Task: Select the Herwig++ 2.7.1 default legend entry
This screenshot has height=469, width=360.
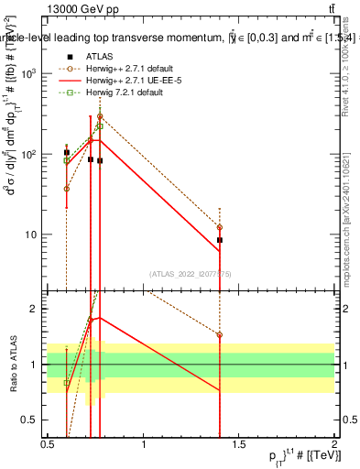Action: pos(121,67)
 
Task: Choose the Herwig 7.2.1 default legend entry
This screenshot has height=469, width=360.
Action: pos(115,91)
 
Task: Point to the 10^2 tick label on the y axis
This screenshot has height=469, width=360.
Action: pos(33,154)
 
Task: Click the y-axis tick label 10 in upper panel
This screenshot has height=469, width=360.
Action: pos(35,234)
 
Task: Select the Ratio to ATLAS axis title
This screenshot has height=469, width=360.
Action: pos(13,364)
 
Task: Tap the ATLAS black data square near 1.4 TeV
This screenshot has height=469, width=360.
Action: pos(220,240)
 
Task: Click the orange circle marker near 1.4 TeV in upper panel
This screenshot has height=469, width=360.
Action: pos(220,227)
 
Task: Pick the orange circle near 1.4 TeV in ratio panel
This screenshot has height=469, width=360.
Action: pos(220,335)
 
